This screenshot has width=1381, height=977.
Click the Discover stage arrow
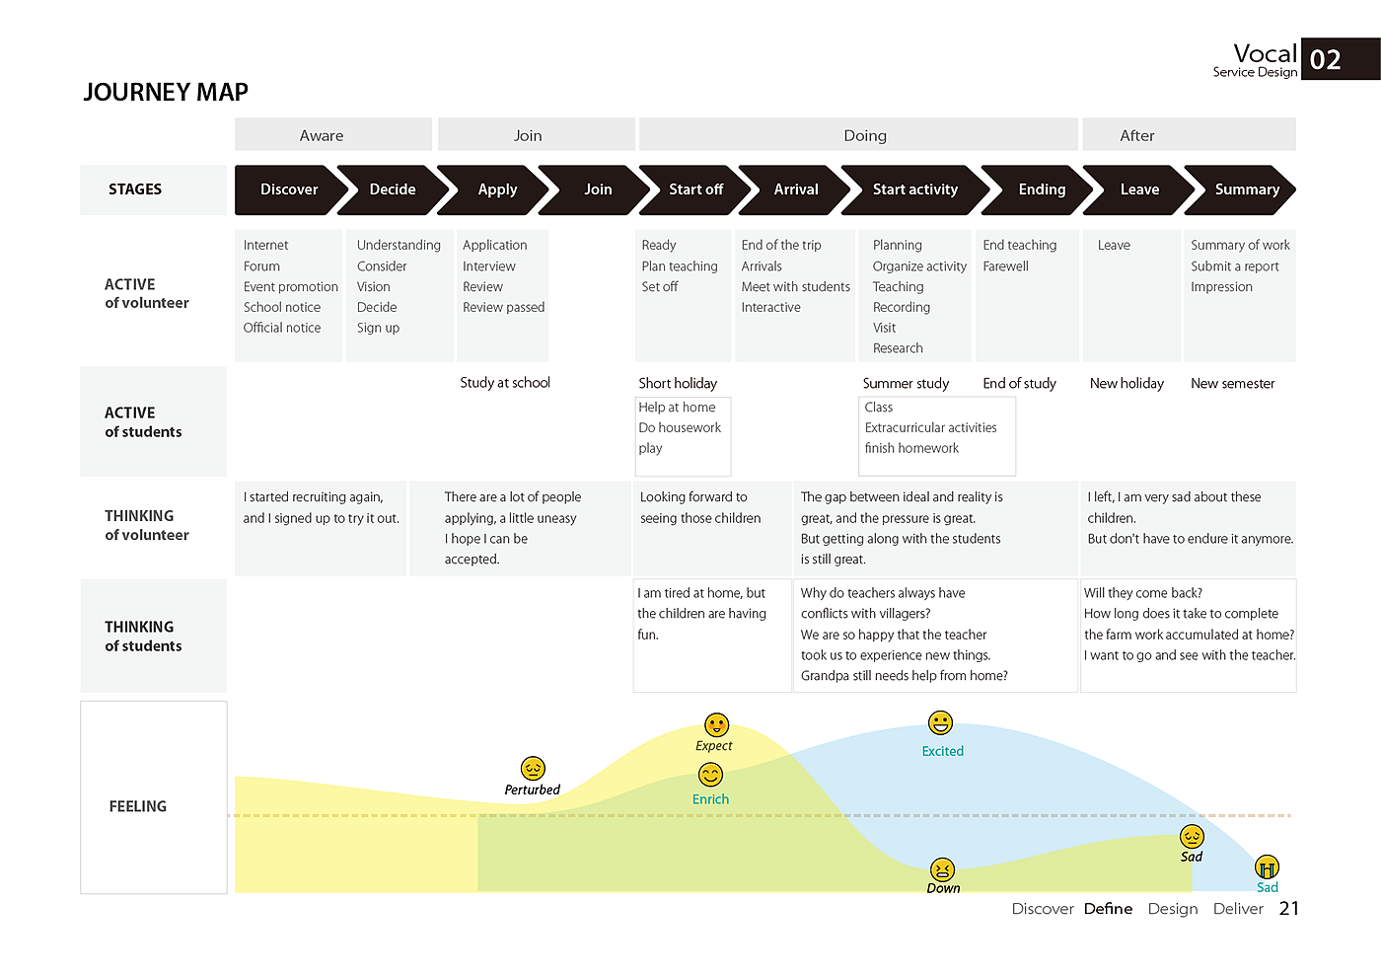288,189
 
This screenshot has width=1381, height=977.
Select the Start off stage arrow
695,189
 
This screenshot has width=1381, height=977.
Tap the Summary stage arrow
1246,189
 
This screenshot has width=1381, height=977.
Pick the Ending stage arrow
1041,189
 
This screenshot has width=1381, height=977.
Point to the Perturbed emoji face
533,768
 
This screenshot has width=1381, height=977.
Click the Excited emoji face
941,723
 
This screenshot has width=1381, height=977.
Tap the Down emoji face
943,869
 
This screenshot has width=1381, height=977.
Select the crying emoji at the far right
1267,867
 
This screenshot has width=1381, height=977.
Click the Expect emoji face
717,725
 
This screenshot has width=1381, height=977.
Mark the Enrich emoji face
710,775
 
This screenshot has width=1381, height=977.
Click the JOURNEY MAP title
166,92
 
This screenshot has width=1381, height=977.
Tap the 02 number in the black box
1326,60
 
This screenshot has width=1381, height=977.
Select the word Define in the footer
1108,909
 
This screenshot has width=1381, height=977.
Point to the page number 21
1289,909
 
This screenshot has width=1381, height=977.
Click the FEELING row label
138,806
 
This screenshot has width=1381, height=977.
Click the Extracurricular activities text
930,427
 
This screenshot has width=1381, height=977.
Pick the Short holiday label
678,383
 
